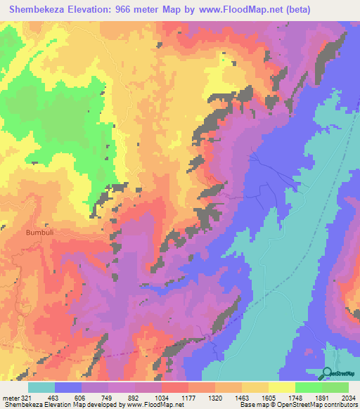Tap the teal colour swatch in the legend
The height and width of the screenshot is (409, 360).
(41, 387)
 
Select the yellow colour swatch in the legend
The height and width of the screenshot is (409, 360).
(281, 387)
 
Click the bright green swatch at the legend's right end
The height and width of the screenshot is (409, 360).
(335, 387)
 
